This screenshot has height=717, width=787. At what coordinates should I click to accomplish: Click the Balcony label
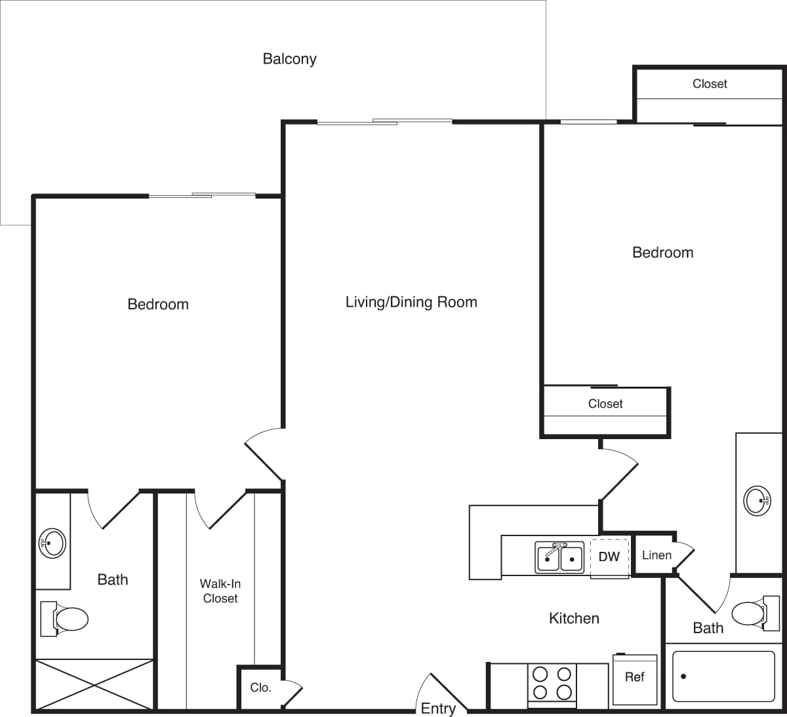(x=289, y=59)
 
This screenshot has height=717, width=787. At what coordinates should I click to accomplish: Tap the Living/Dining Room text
(x=411, y=302)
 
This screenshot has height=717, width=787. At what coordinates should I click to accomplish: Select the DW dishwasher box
(x=609, y=557)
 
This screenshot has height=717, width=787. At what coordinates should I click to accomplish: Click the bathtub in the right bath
(x=723, y=676)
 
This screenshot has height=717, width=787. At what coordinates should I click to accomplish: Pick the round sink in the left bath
(x=52, y=543)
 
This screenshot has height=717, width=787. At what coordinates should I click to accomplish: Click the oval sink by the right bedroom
(x=757, y=501)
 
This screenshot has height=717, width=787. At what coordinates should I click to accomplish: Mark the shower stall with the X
(x=94, y=685)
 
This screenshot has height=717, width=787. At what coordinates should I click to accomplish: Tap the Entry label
(x=438, y=708)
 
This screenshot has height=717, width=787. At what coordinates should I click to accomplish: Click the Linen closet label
(x=656, y=555)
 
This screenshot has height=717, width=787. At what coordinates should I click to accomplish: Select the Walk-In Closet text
(x=220, y=591)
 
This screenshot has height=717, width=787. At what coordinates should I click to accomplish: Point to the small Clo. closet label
(x=260, y=688)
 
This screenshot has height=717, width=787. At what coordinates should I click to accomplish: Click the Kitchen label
(x=574, y=618)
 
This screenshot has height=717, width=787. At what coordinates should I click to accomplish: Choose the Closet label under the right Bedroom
(x=605, y=404)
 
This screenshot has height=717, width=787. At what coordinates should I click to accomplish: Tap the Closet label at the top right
(x=710, y=84)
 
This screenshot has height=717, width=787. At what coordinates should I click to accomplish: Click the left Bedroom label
(x=158, y=304)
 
